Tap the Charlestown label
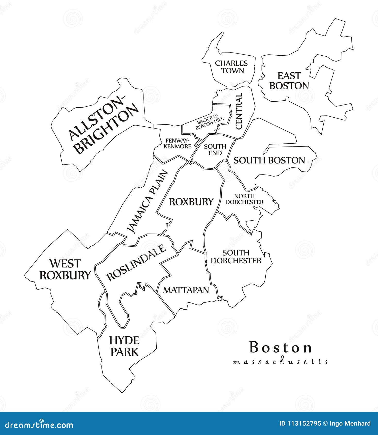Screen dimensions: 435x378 click(233, 67)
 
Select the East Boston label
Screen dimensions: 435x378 click(289, 81)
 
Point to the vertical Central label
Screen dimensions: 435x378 click(239, 111)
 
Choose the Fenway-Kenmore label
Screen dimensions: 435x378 click(178, 143)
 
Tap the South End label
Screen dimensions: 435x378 click(215, 150)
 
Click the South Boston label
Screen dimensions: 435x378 click(269, 160)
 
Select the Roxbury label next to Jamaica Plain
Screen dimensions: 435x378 click(191, 202)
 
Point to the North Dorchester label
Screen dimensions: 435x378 click(244, 199)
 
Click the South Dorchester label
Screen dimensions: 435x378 click(236, 257)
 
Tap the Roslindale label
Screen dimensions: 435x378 click(136, 263)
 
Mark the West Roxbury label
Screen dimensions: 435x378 click(65, 269)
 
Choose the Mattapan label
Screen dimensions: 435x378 click(186, 290)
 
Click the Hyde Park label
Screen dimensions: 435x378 click(124, 346)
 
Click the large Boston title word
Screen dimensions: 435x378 click(280, 347)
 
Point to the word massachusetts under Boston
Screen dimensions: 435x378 click(280, 362)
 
